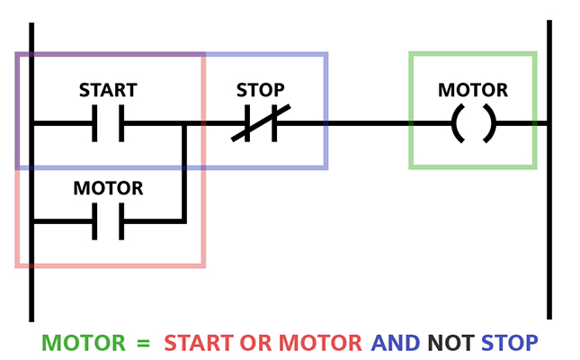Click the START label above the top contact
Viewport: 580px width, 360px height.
coord(108,90)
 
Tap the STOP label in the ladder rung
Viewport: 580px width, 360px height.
coord(260,90)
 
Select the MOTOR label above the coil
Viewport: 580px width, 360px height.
coord(473,90)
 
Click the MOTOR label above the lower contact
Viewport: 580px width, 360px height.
coord(108,188)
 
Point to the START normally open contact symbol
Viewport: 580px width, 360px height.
coord(108,123)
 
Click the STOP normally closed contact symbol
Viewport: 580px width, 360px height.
coord(260,123)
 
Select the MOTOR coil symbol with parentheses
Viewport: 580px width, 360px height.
coord(473,123)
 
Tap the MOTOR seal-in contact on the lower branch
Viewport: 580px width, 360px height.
coord(108,221)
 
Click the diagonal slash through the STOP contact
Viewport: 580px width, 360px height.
coord(261,122)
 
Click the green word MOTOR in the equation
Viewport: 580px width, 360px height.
coord(84,343)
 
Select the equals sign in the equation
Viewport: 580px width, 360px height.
coord(142,343)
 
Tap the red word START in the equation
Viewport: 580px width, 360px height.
coord(199,343)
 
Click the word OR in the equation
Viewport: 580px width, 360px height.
coord(255,343)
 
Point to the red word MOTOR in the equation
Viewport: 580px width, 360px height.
coord(321,343)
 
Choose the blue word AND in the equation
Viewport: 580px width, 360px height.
coord(396,343)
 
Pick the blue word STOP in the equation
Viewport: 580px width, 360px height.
coord(510,343)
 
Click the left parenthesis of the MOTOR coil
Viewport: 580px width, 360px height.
coord(457,123)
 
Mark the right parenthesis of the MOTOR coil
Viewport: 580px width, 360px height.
coord(489,123)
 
